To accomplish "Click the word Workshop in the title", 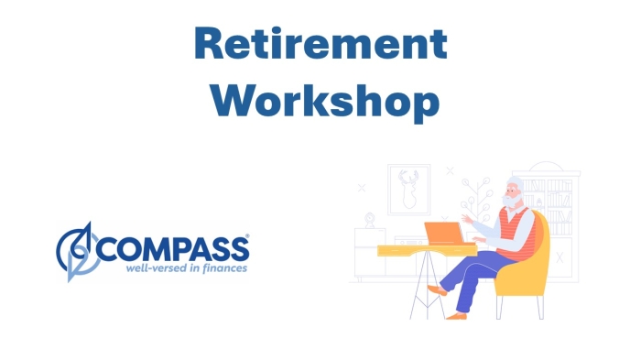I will coord(320,102).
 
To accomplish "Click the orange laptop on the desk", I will coord(445,234).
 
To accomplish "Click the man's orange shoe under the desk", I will coord(439,289).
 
